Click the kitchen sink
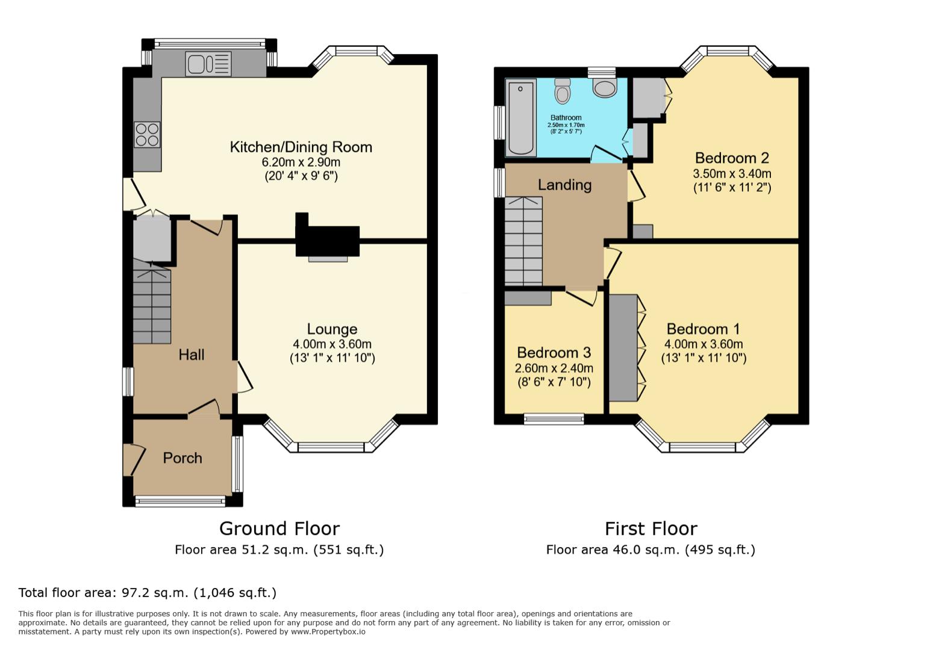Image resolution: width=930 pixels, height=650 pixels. click(208, 64)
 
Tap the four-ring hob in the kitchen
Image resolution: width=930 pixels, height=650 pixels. click(147, 134)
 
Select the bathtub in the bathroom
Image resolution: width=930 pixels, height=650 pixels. click(520, 117)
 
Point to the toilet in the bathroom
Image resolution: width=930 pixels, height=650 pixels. click(563, 91)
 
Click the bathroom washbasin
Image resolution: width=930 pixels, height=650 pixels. click(604, 88)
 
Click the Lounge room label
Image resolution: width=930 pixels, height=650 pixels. click(332, 329)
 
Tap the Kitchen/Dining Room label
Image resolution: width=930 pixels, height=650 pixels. click(301, 147)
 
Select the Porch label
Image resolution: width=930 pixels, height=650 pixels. click(183, 458)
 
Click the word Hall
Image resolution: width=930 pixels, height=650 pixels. click(191, 355)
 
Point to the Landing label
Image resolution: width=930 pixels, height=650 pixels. click(564, 185)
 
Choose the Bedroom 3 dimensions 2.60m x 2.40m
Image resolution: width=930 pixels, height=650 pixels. click(554, 368)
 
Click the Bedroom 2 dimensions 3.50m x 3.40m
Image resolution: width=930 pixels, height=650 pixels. click(732, 174)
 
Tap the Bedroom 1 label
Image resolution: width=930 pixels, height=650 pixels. click(703, 329)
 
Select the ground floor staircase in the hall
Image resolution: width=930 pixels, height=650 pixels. click(152, 307)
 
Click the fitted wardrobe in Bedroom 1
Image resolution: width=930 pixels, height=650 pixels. click(623, 348)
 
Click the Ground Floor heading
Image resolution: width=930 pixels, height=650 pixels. click(279, 528)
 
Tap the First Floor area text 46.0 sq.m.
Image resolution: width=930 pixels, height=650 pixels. click(650, 549)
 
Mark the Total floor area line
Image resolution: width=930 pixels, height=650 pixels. click(148, 593)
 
